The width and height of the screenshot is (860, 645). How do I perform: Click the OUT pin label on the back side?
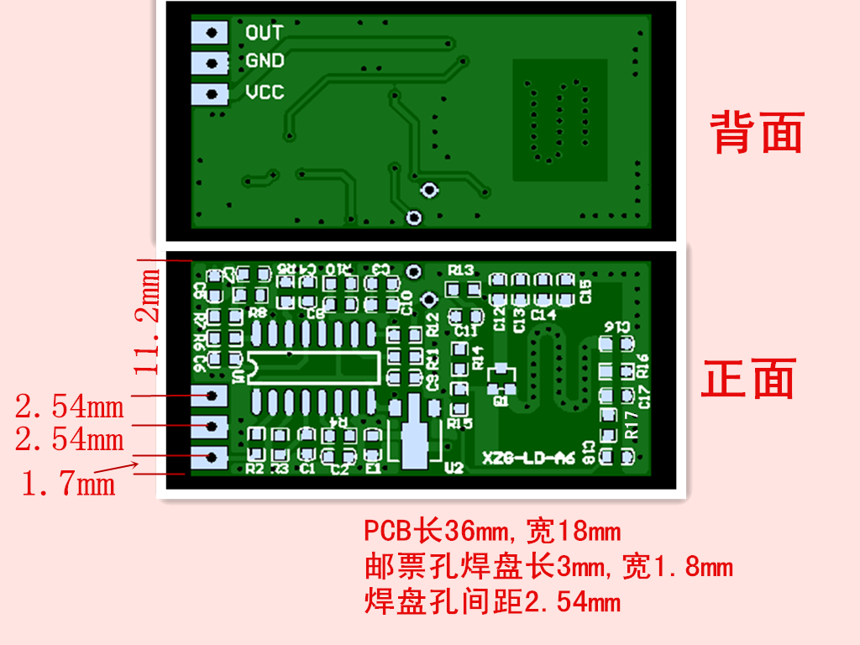click(264, 33)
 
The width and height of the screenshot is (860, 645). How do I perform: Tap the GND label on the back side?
click(265, 61)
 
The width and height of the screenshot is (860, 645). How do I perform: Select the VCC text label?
click(265, 92)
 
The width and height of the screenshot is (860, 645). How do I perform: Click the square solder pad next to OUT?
click(210, 33)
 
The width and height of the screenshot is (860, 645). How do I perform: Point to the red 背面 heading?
click(758, 133)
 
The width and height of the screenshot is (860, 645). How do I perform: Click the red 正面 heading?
click(748, 379)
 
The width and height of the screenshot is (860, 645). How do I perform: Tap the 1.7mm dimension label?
click(67, 484)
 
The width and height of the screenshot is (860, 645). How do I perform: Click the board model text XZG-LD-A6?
click(528, 459)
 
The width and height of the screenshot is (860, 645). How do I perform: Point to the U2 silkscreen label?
click(454, 468)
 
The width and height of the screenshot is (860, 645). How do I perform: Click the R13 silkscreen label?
click(460, 270)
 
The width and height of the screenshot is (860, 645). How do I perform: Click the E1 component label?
click(374, 469)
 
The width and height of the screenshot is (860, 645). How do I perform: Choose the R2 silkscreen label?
click(255, 469)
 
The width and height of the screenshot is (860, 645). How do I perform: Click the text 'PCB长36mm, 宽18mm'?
click(492, 532)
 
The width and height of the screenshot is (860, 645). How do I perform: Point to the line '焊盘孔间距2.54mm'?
click(492, 601)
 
